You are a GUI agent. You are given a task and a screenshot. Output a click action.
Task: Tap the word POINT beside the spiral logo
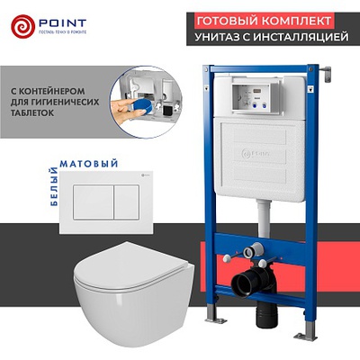click(x=62, y=22)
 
